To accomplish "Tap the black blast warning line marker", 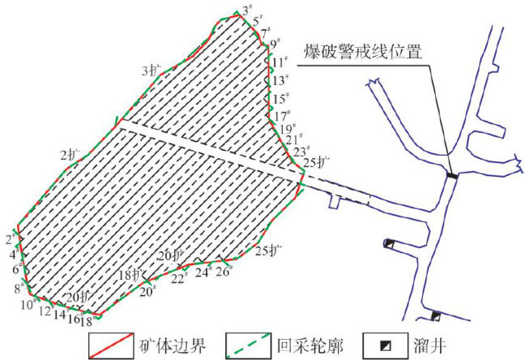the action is pos(452,174).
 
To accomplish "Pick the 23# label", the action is pos(301,152).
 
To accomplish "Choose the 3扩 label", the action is pos(152,70).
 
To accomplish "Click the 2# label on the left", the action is pos(10,238).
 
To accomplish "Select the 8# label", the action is pos(19,288).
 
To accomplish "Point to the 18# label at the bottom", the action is pos(86,322).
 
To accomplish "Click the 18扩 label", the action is pos(130,275).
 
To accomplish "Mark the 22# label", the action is pos(179,278).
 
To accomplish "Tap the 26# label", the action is pos(224,271).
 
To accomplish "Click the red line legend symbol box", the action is pos(112,346).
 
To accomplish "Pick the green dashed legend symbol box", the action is pos(252,346).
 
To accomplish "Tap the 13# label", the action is pos(280,80).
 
